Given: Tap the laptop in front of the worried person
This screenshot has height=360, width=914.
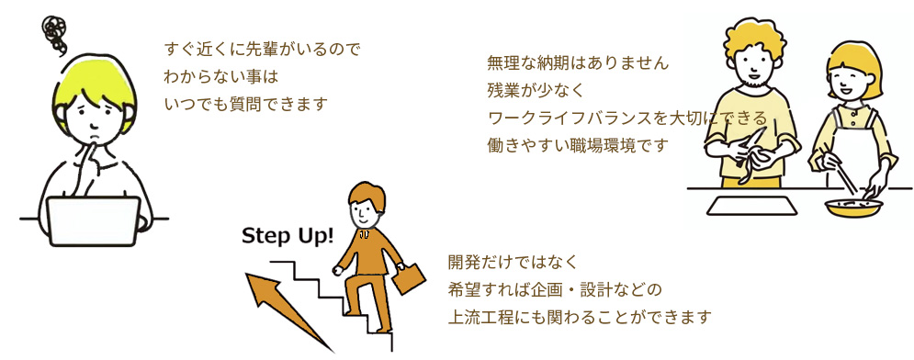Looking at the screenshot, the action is [x=93, y=220].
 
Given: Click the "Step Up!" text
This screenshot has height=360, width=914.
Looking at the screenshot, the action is [x=287, y=237].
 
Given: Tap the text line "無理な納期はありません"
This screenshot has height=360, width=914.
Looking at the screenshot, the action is [x=578, y=64].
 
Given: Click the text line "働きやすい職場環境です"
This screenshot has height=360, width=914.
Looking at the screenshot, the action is [x=579, y=144].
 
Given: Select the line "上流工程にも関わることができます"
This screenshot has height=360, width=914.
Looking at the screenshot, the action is [x=580, y=318].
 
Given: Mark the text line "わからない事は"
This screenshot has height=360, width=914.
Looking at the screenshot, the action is [x=220, y=76].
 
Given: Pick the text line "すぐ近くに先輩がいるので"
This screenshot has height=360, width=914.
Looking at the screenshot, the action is [x=261, y=50].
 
